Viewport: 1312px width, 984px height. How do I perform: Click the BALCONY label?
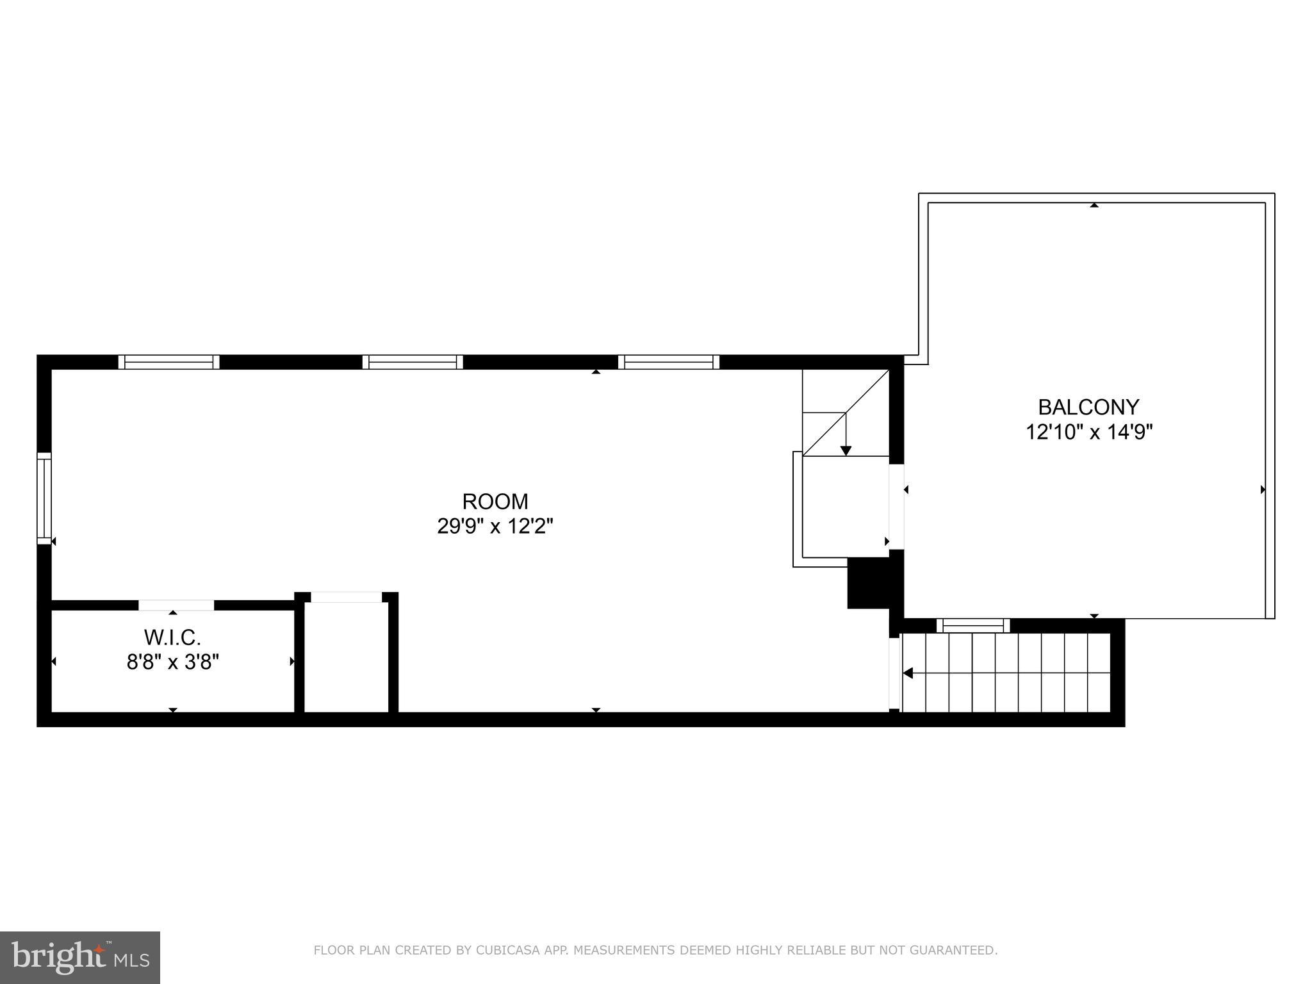tap(1088, 407)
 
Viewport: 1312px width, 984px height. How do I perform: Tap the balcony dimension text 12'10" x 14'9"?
tap(1088, 432)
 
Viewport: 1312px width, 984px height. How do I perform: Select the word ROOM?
tap(495, 502)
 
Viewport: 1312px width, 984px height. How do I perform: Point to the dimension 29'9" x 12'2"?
tap(495, 527)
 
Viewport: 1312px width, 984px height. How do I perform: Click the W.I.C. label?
tap(172, 637)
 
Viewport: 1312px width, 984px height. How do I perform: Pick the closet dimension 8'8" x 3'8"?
tap(172, 662)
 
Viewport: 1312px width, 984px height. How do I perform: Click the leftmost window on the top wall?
tap(169, 362)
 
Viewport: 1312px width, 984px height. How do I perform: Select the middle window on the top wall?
tap(413, 362)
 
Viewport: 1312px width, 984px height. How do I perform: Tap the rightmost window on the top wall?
tap(669, 362)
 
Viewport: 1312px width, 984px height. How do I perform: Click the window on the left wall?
tap(44, 498)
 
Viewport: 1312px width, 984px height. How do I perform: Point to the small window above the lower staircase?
tap(972, 625)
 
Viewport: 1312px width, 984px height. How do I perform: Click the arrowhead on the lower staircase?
tap(907, 673)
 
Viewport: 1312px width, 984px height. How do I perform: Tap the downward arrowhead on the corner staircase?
tap(846, 450)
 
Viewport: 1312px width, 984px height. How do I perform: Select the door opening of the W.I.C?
tap(176, 605)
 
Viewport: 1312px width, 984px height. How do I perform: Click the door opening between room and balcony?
tap(896, 506)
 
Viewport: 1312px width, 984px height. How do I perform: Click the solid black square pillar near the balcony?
tap(869, 583)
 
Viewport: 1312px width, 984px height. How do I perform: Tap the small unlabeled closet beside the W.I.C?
tap(346, 657)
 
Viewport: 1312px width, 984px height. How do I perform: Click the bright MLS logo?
tap(80, 958)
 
